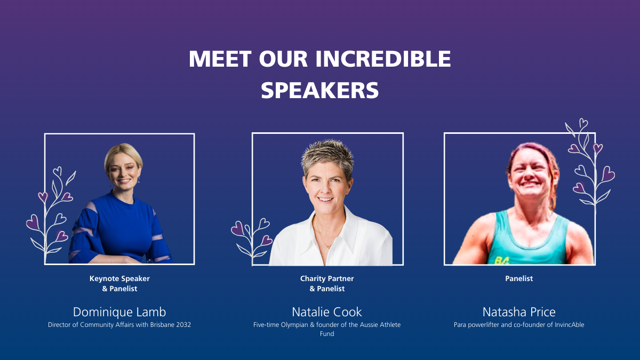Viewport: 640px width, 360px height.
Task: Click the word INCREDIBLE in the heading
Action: click(383, 59)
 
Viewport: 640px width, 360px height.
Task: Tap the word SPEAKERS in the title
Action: click(319, 90)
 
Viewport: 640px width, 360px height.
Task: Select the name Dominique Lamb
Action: click(119, 312)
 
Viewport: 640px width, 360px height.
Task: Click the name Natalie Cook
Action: click(327, 312)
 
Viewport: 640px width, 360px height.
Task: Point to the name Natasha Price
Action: click(519, 312)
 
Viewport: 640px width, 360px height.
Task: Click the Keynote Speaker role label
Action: click(119, 278)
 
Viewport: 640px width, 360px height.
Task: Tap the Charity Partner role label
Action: click(327, 278)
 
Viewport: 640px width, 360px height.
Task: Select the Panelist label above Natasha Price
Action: click(519, 278)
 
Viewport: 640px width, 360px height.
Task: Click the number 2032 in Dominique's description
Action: click(183, 325)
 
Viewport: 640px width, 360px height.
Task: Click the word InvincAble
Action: click(570, 325)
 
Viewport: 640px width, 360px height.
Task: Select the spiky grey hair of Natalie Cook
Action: click(327, 157)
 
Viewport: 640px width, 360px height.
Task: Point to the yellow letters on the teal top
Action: click(502, 261)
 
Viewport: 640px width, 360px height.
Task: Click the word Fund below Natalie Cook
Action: click(327, 334)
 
